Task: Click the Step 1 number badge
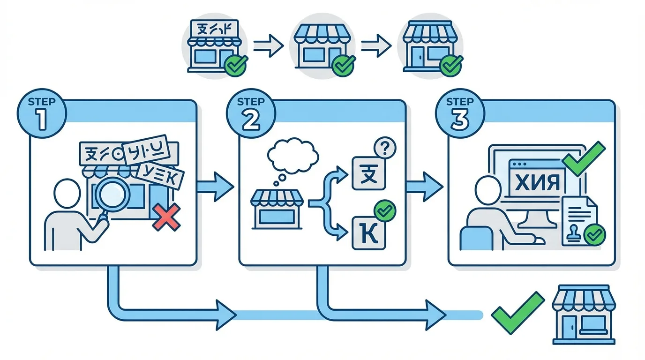(42, 114)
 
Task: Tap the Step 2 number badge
(251, 114)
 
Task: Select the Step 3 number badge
(459, 114)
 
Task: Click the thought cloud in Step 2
(292, 155)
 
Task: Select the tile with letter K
(368, 232)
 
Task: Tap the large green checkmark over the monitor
(583, 158)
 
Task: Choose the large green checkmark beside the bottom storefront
(517, 312)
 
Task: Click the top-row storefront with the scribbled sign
(214, 45)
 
